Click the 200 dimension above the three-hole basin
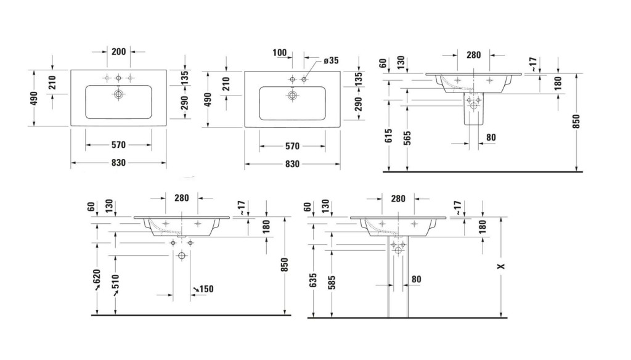tap(119, 52)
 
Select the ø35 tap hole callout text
tap(331, 60)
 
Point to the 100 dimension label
tap(280, 52)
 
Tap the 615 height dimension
tap(389, 136)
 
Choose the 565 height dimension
tap(407, 138)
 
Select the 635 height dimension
tap(314, 280)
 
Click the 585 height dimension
tap(332, 283)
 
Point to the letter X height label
tap(501, 266)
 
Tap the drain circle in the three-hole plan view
tap(119, 94)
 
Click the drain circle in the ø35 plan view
tap(293, 96)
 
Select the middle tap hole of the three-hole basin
tap(119, 78)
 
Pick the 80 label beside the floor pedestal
tap(417, 279)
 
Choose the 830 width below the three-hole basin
tap(118, 163)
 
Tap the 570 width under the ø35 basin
tap(293, 145)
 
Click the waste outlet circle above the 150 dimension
tap(182, 255)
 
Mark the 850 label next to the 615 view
tap(576, 121)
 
